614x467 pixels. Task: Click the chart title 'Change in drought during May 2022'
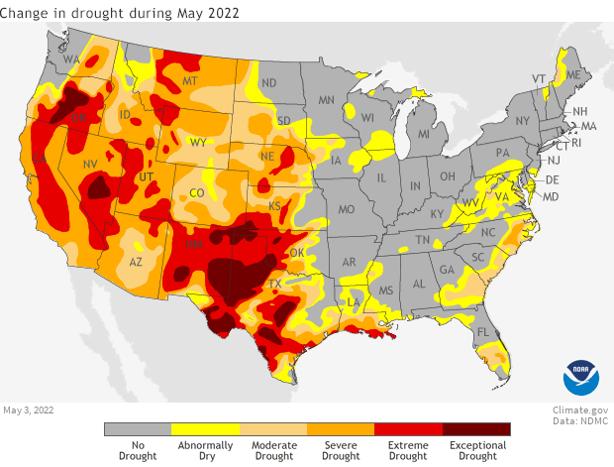tap(121, 12)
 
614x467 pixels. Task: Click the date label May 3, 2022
tap(31, 409)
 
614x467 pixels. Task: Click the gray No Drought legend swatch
tap(138, 429)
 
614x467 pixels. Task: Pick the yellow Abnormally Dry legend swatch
tap(205, 429)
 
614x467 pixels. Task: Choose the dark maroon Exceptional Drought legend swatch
tap(476, 429)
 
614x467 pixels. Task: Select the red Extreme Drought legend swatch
tap(408, 429)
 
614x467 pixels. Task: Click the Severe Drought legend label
tap(341, 451)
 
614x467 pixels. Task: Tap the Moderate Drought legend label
tap(273, 451)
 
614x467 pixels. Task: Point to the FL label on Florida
tap(482, 332)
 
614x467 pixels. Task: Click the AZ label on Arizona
tap(139, 262)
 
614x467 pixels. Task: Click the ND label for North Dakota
tap(267, 82)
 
